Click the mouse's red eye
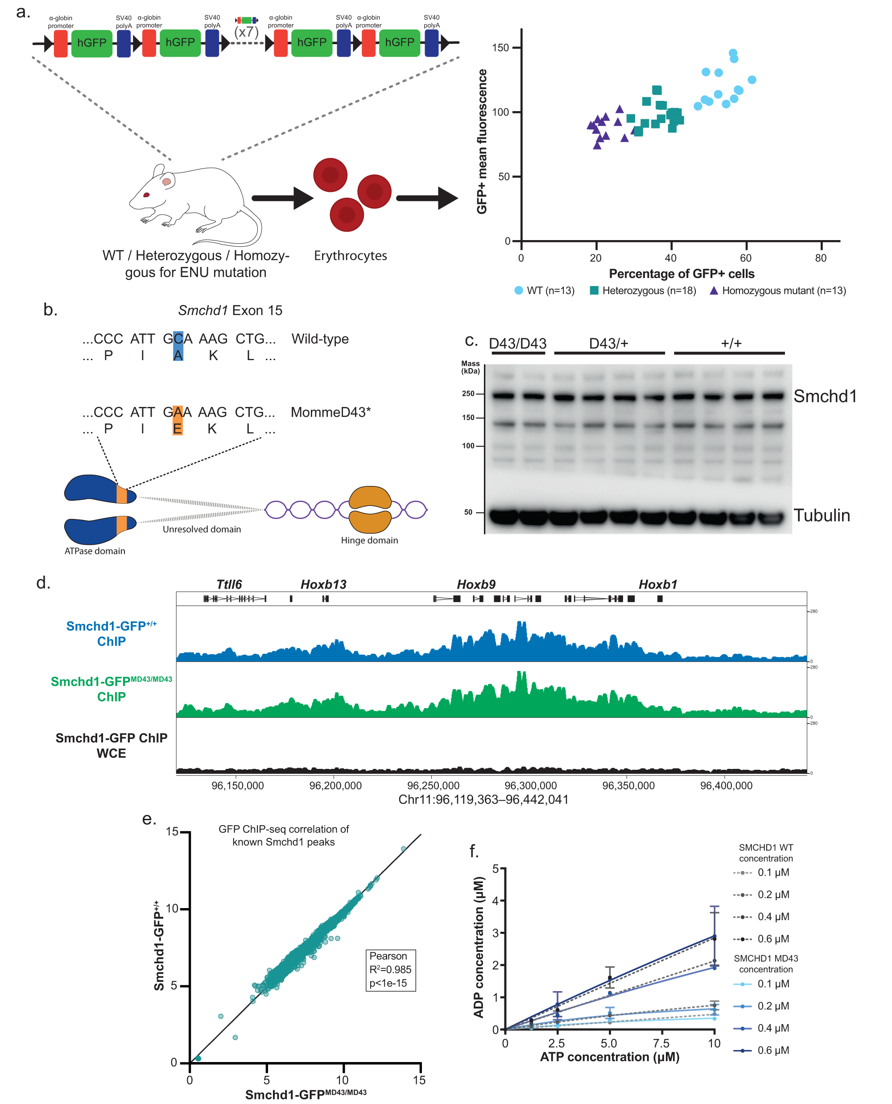tap(146, 195)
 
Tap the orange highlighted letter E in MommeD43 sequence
tap(177, 428)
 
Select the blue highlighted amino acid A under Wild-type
tap(178, 355)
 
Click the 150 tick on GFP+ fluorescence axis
tap(500, 48)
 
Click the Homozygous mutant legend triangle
tap(713, 291)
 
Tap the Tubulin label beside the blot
tap(821, 515)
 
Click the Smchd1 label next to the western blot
tap(825, 396)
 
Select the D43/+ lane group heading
tap(608, 343)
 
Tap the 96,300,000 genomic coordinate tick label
tap(530, 785)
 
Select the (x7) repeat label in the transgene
tap(247, 32)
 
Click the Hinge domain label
tap(369, 540)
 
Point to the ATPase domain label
tap(95, 551)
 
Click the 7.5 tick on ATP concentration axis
tap(661, 1043)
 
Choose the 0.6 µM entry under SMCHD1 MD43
tap(773, 1050)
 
